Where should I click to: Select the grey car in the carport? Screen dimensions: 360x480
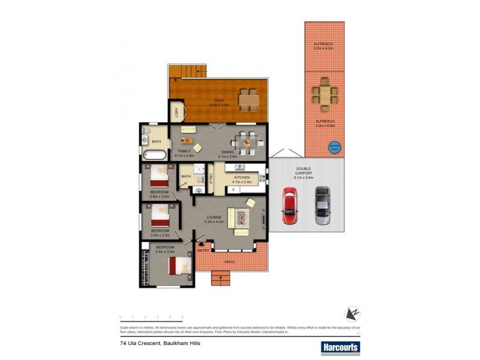323,205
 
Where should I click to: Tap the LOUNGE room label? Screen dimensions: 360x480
215,217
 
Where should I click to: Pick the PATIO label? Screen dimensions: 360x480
230,263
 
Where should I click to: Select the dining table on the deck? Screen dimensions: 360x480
247,98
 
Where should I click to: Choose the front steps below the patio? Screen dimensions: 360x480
220,277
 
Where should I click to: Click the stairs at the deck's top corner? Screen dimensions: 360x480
188,71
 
